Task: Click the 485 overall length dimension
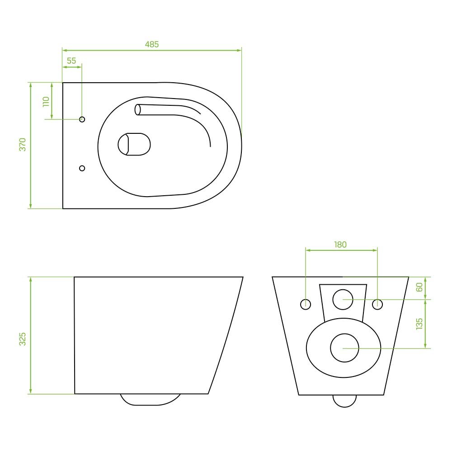pos(151,44)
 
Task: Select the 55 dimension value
pos(71,61)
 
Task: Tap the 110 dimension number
pos(46,102)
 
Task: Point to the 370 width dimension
pos(23,145)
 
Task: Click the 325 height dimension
pos(23,339)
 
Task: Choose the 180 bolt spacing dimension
pos(340,245)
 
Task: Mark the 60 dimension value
pos(419,287)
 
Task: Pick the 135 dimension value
pos(419,324)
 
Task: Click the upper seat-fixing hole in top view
pos(82,119)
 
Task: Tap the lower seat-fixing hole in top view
pos(82,168)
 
